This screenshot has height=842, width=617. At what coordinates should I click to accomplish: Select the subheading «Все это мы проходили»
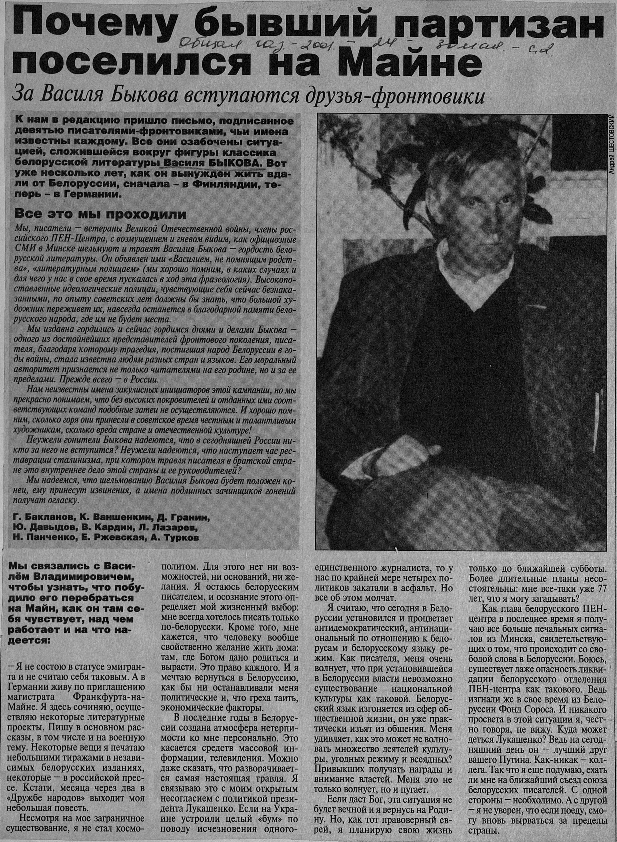[x=100, y=215]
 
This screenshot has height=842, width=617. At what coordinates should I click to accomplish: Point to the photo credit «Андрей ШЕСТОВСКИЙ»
[x=611, y=144]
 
